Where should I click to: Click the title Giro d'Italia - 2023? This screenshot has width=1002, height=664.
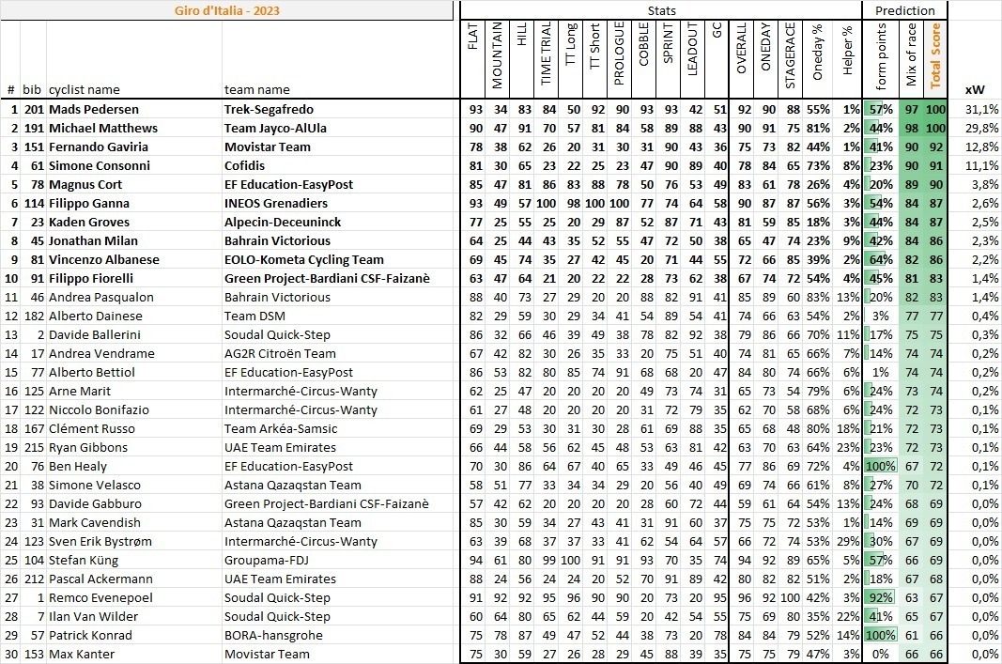point(227,11)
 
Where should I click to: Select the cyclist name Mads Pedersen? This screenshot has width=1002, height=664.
point(93,109)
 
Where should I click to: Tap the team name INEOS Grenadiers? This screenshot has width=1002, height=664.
point(275,203)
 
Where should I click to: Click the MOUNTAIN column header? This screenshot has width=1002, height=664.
point(498,57)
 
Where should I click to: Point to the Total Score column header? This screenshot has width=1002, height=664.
point(934,57)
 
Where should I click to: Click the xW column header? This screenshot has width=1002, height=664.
point(975,89)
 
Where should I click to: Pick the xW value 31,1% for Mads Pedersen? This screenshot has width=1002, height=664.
point(982,109)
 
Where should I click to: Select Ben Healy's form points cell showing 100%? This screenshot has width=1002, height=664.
point(882,466)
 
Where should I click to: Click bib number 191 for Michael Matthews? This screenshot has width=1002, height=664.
point(33,128)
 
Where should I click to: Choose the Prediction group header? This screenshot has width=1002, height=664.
point(904,10)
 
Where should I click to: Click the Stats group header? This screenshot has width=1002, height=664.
point(661,10)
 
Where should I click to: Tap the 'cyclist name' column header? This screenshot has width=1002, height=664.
point(85,89)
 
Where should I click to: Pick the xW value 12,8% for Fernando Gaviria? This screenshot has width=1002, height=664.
point(982,147)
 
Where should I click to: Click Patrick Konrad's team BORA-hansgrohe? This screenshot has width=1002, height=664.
point(270,635)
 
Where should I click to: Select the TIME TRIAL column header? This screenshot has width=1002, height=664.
point(546,57)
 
